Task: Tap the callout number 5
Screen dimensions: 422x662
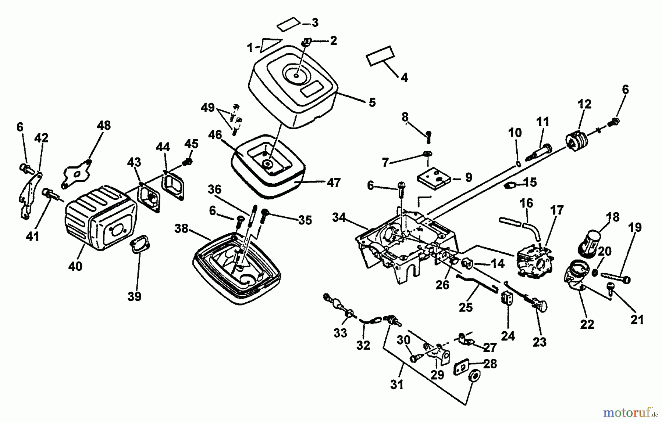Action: (x=372, y=102)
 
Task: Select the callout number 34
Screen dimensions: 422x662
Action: (x=338, y=217)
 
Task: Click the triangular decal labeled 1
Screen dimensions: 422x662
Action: (x=271, y=44)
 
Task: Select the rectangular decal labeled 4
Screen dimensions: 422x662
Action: (x=380, y=56)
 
